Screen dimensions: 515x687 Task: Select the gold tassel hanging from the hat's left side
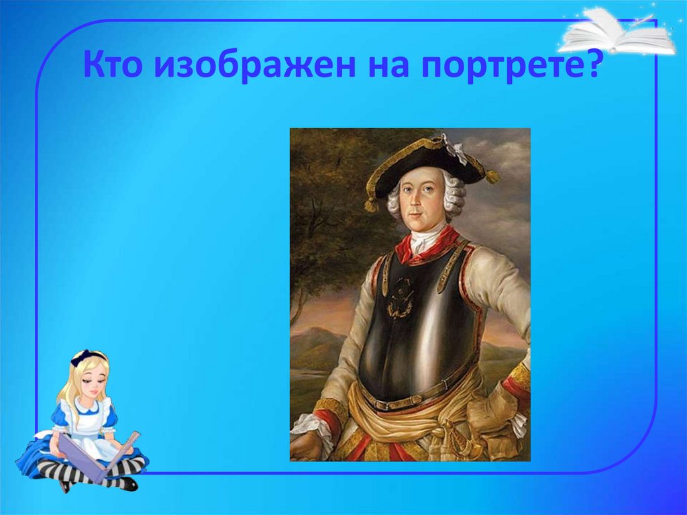370,203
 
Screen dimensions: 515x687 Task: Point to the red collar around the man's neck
429,246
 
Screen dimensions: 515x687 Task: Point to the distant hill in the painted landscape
315,342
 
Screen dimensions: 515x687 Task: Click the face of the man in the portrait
423,201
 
